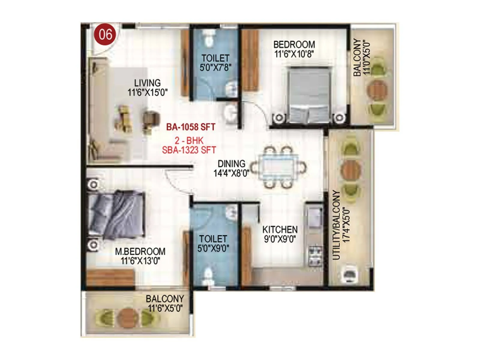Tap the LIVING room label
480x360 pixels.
pyautogui.click(x=147, y=83)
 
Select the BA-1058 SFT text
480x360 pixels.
pyautogui.click(x=191, y=127)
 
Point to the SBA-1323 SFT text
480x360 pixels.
pyautogui.click(x=189, y=150)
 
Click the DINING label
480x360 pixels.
pyautogui.click(x=231, y=164)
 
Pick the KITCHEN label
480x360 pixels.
pyautogui.click(x=280, y=230)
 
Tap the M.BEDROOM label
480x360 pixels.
pyautogui.click(x=140, y=251)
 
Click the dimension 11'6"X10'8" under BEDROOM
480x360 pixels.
pyautogui.click(x=294, y=54)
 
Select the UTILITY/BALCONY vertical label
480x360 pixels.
pyautogui.click(x=337, y=225)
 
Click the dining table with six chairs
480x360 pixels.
pyautogui.click(x=279, y=167)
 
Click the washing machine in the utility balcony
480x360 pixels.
pyautogui.click(x=349, y=274)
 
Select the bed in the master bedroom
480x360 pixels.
pyautogui.click(x=117, y=214)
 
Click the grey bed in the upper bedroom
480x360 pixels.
pyautogui.click(x=309, y=94)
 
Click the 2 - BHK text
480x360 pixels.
pyautogui.click(x=189, y=140)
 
